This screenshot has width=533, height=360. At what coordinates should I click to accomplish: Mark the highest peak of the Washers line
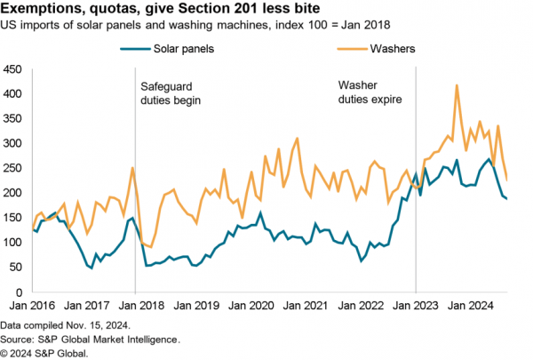[457, 85]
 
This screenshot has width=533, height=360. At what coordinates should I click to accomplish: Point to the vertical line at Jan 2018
[135, 178]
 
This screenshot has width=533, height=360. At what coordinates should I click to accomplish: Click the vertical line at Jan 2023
[415, 178]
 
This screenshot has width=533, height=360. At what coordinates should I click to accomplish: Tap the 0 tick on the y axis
[18, 292]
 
